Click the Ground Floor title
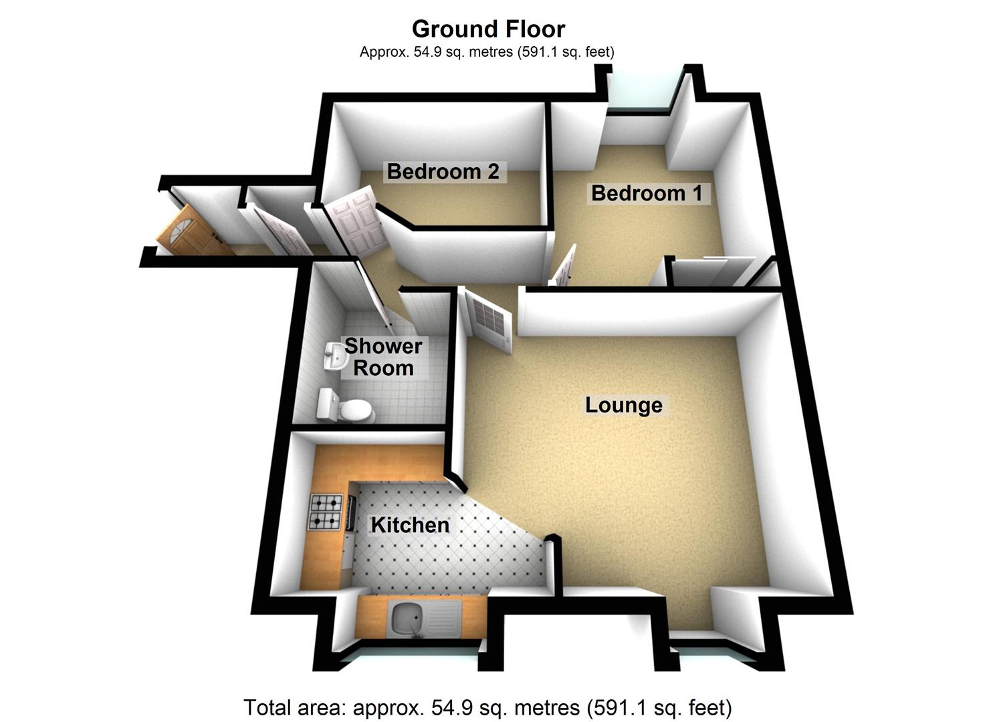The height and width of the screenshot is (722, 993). (x=488, y=29)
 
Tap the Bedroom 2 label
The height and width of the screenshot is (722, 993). (x=443, y=172)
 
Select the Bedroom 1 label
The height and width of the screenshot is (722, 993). (x=647, y=193)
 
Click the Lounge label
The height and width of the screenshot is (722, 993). (x=623, y=405)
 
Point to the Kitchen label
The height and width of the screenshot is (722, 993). (x=410, y=525)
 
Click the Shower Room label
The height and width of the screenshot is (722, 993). (x=383, y=357)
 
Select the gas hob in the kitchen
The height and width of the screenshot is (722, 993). (x=326, y=511)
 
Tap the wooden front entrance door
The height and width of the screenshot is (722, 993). (x=191, y=233)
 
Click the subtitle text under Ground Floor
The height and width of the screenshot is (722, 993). (x=487, y=51)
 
